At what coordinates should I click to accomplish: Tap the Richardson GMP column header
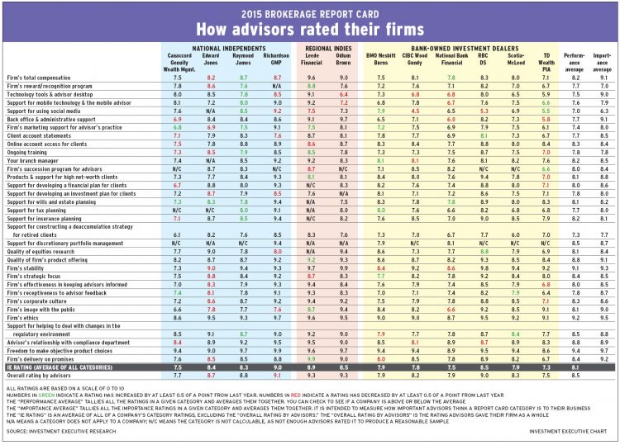tap(274, 62)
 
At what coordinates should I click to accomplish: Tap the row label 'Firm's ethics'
tap(26, 316)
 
